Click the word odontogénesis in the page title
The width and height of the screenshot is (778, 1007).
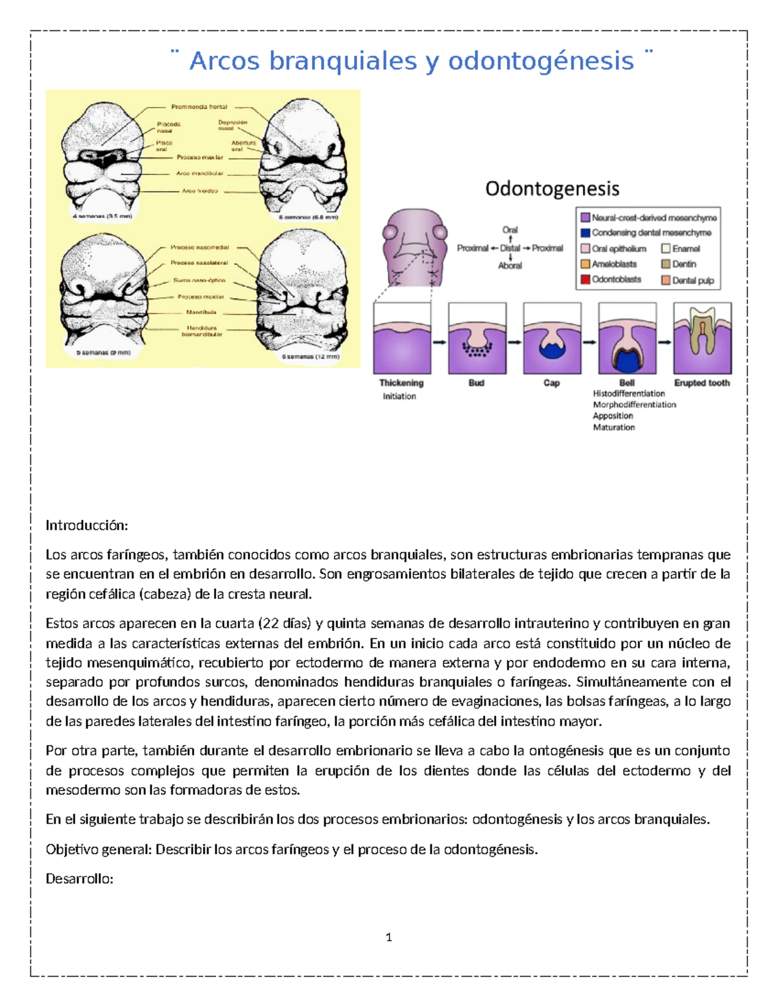point(541,62)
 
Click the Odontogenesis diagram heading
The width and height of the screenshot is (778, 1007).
point(552,189)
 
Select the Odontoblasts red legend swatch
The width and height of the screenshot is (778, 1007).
point(585,279)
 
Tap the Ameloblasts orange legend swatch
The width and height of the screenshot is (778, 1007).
point(585,264)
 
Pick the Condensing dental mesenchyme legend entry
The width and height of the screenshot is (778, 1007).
point(651,233)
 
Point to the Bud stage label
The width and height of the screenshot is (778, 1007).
point(477,383)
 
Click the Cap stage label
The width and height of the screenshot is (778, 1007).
point(552,383)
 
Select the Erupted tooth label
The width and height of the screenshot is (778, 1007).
point(702,383)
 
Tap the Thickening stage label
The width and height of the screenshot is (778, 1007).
point(401,383)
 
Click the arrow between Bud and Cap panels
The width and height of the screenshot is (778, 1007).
point(515,342)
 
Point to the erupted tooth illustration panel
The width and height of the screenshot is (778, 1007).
point(703,338)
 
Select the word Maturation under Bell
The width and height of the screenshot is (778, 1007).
point(614,427)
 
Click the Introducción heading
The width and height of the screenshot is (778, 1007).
point(87,525)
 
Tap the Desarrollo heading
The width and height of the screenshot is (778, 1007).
point(80,879)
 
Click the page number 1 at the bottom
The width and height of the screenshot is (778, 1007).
point(389,937)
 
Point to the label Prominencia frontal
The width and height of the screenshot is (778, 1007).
point(199,107)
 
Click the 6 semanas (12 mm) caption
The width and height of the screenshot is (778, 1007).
point(311,357)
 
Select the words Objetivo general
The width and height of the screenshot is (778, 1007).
point(99,849)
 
